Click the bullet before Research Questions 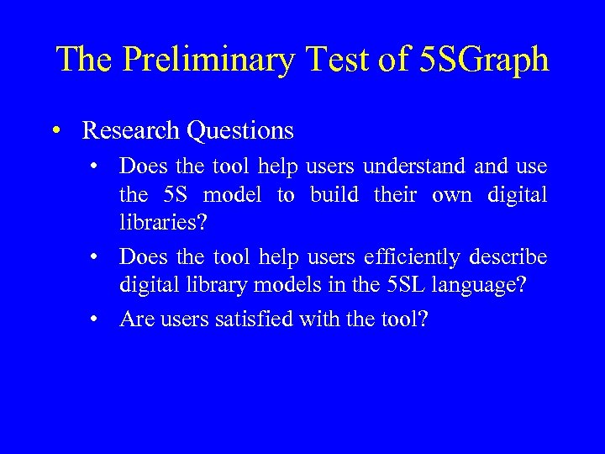pyautogui.click(x=55, y=130)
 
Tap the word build pyautogui.click(x=334, y=195)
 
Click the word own pyautogui.click(x=451, y=195)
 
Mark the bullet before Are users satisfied pyautogui.click(x=97, y=318)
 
